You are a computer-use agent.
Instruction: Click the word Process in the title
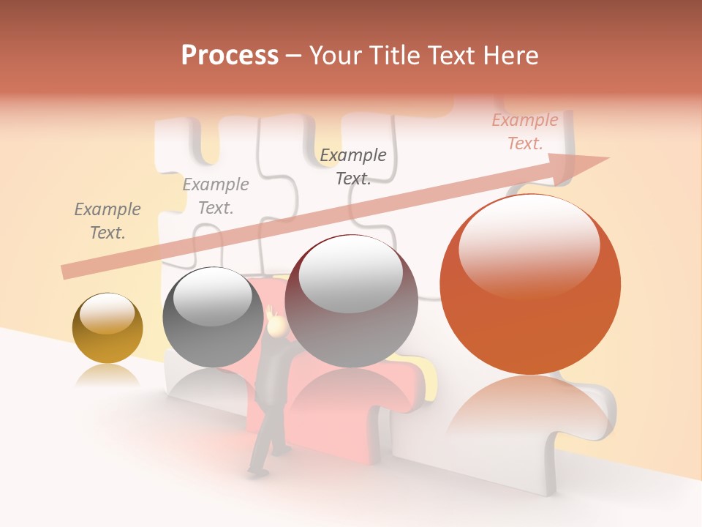[x=230, y=56]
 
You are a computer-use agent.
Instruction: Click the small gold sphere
[x=107, y=329]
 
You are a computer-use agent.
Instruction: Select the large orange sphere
[x=530, y=285]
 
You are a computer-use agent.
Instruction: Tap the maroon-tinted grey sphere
[x=351, y=301]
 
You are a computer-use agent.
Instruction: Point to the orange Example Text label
[x=524, y=132]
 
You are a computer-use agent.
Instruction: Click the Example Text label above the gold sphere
[x=107, y=221]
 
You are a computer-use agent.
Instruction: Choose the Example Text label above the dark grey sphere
[x=216, y=196]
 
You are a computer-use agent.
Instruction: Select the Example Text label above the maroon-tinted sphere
[x=353, y=167]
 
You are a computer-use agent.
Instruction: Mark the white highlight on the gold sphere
[x=107, y=313]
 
